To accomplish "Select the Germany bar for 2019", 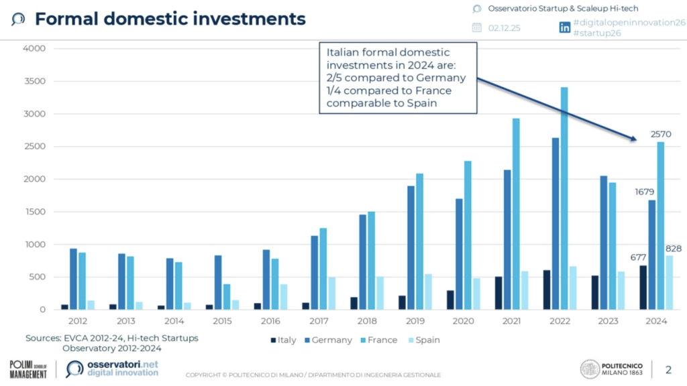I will tap(410, 247).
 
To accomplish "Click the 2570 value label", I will tap(662, 134).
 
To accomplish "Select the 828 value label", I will tap(674, 249).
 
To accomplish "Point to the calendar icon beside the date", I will tap(477, 27).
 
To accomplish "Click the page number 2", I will tap(668, 369).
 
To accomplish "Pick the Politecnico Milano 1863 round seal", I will tap(590, 369).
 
